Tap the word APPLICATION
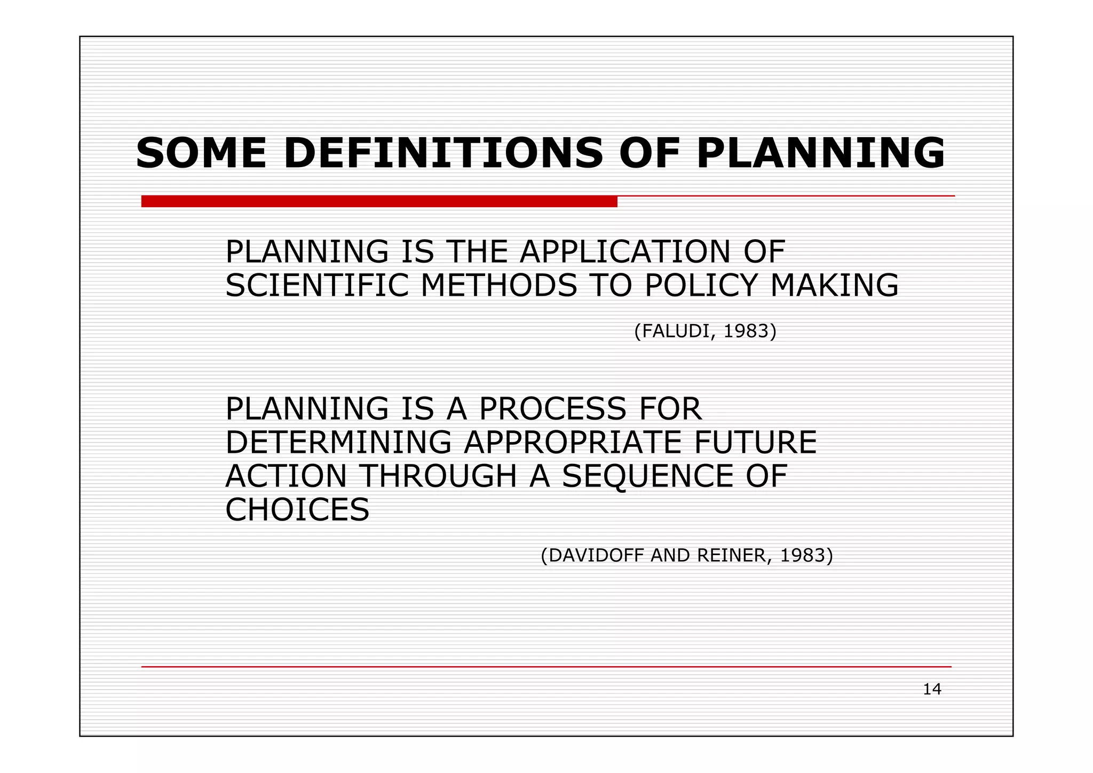click(x=625, y=252)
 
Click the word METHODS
click(x=499, y=286)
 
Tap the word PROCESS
click(x=552, y=409)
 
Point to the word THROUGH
click(x=439, y=476)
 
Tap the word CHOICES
click(x=297, y=510)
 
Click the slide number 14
click(x=932, y=690)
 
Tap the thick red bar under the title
click(x=379, y=201)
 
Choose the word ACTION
click(x=286, y=476)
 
